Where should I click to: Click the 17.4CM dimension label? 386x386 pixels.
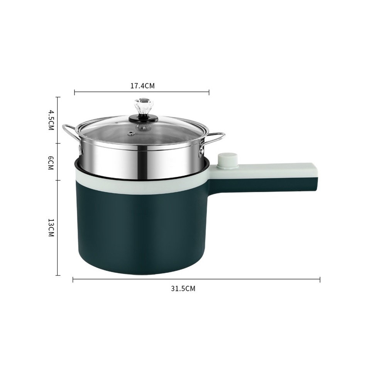[x=142, y=86]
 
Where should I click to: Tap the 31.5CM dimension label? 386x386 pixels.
[x=183, y=288]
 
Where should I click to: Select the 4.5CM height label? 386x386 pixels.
[x=51, y=120]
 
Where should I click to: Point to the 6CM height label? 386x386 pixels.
[x=51, y=162]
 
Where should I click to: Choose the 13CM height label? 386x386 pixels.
[x=51, y=227]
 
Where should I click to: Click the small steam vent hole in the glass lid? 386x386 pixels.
[x=130, y=134]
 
